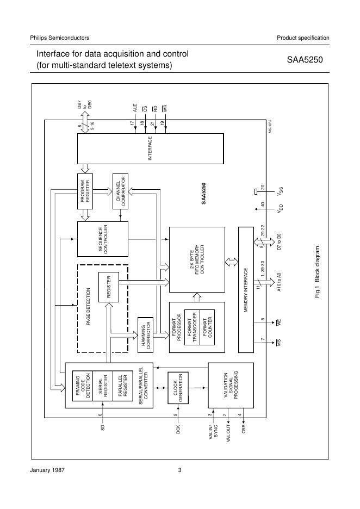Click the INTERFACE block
coord(150,148)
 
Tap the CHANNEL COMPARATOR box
coord(120,191)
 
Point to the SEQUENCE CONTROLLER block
coord(103,238)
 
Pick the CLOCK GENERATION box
coord(179,388)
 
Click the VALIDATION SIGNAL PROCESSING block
coord(231,385)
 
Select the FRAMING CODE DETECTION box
coord(83,386)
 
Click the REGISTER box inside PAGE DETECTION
coord(109,287)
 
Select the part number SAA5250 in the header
coord(305,60)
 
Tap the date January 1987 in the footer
coord(47,470)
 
